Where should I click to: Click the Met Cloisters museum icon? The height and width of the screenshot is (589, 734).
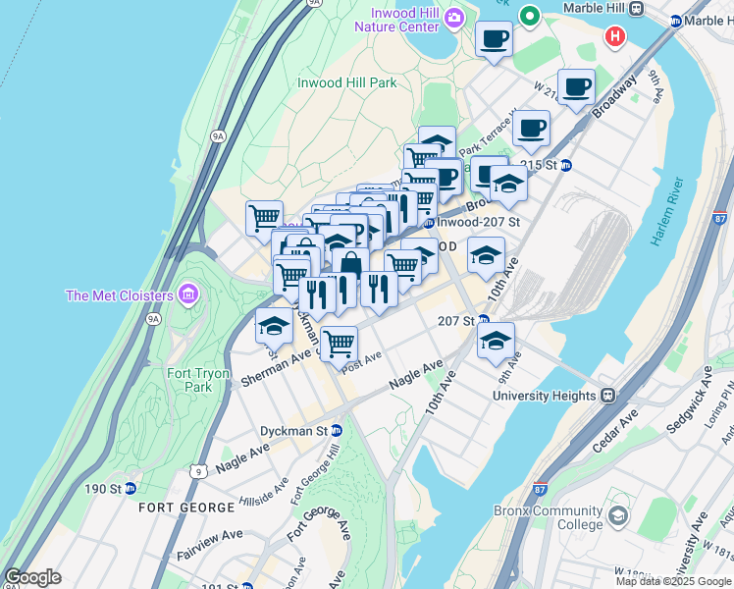189,294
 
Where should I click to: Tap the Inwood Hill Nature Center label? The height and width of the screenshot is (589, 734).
403,20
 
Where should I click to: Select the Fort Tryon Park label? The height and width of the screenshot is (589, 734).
198,380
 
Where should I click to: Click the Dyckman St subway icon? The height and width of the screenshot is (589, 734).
337,430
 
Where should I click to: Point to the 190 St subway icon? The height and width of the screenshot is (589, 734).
131,488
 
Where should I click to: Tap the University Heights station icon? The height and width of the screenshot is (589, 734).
607,396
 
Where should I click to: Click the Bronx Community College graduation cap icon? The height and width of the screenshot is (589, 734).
618,515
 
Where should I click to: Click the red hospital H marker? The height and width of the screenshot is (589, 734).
615,37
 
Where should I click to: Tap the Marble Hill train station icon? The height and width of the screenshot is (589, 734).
636,8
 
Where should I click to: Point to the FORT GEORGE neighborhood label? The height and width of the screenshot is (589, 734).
186,508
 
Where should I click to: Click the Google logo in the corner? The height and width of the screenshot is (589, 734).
32,577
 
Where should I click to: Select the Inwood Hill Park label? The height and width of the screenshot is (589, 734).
347,82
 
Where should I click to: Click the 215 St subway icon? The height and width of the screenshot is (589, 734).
565,164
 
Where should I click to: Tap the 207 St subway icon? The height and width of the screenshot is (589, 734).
483,320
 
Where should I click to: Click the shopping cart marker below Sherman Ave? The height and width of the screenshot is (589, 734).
339,344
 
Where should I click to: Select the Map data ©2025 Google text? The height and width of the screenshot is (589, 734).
673,580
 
